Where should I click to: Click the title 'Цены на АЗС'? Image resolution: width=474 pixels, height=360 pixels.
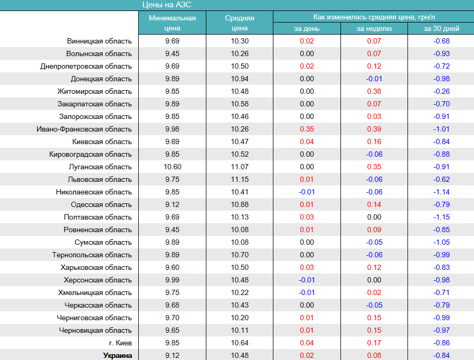[x=167, y=5]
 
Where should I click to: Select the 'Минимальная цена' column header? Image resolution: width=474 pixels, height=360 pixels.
[x=172, y=23]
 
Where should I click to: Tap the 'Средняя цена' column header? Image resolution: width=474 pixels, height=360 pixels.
[x=239, y=23]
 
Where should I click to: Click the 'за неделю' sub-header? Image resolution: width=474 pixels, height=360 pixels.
[x=374, y=29]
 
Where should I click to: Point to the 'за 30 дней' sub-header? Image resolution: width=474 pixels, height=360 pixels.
[x=441, y=29]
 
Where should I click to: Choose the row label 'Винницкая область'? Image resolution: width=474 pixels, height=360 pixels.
[x=100, y=41]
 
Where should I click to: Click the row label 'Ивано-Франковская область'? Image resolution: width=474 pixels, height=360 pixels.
[x=84, y=129]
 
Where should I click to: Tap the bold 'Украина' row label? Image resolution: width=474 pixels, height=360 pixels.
[x=118, y=355]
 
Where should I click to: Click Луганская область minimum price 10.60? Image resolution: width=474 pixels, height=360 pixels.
[x=172, y=167]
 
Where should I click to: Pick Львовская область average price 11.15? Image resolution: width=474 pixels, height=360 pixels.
[x=239, y=179]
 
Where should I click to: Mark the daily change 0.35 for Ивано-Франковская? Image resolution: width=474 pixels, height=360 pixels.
[x=306, y=129]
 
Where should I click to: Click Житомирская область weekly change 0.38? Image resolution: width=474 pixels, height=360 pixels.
[x=374, y=91]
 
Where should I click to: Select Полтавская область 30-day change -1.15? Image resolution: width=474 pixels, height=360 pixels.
[x=441, y=217]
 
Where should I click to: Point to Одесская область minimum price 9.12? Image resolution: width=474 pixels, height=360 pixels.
[x=172, y=204]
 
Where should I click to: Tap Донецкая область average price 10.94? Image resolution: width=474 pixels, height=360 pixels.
[x=239, y=79]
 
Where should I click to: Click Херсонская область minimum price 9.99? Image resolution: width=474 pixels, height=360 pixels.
[x=172, y=280]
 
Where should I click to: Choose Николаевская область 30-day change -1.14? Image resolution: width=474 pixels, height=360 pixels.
[x=441, y=192]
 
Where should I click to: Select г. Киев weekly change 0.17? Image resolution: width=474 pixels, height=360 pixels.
[x=374, y=343]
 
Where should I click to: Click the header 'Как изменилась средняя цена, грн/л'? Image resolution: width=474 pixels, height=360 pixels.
[x=373, y=17]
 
